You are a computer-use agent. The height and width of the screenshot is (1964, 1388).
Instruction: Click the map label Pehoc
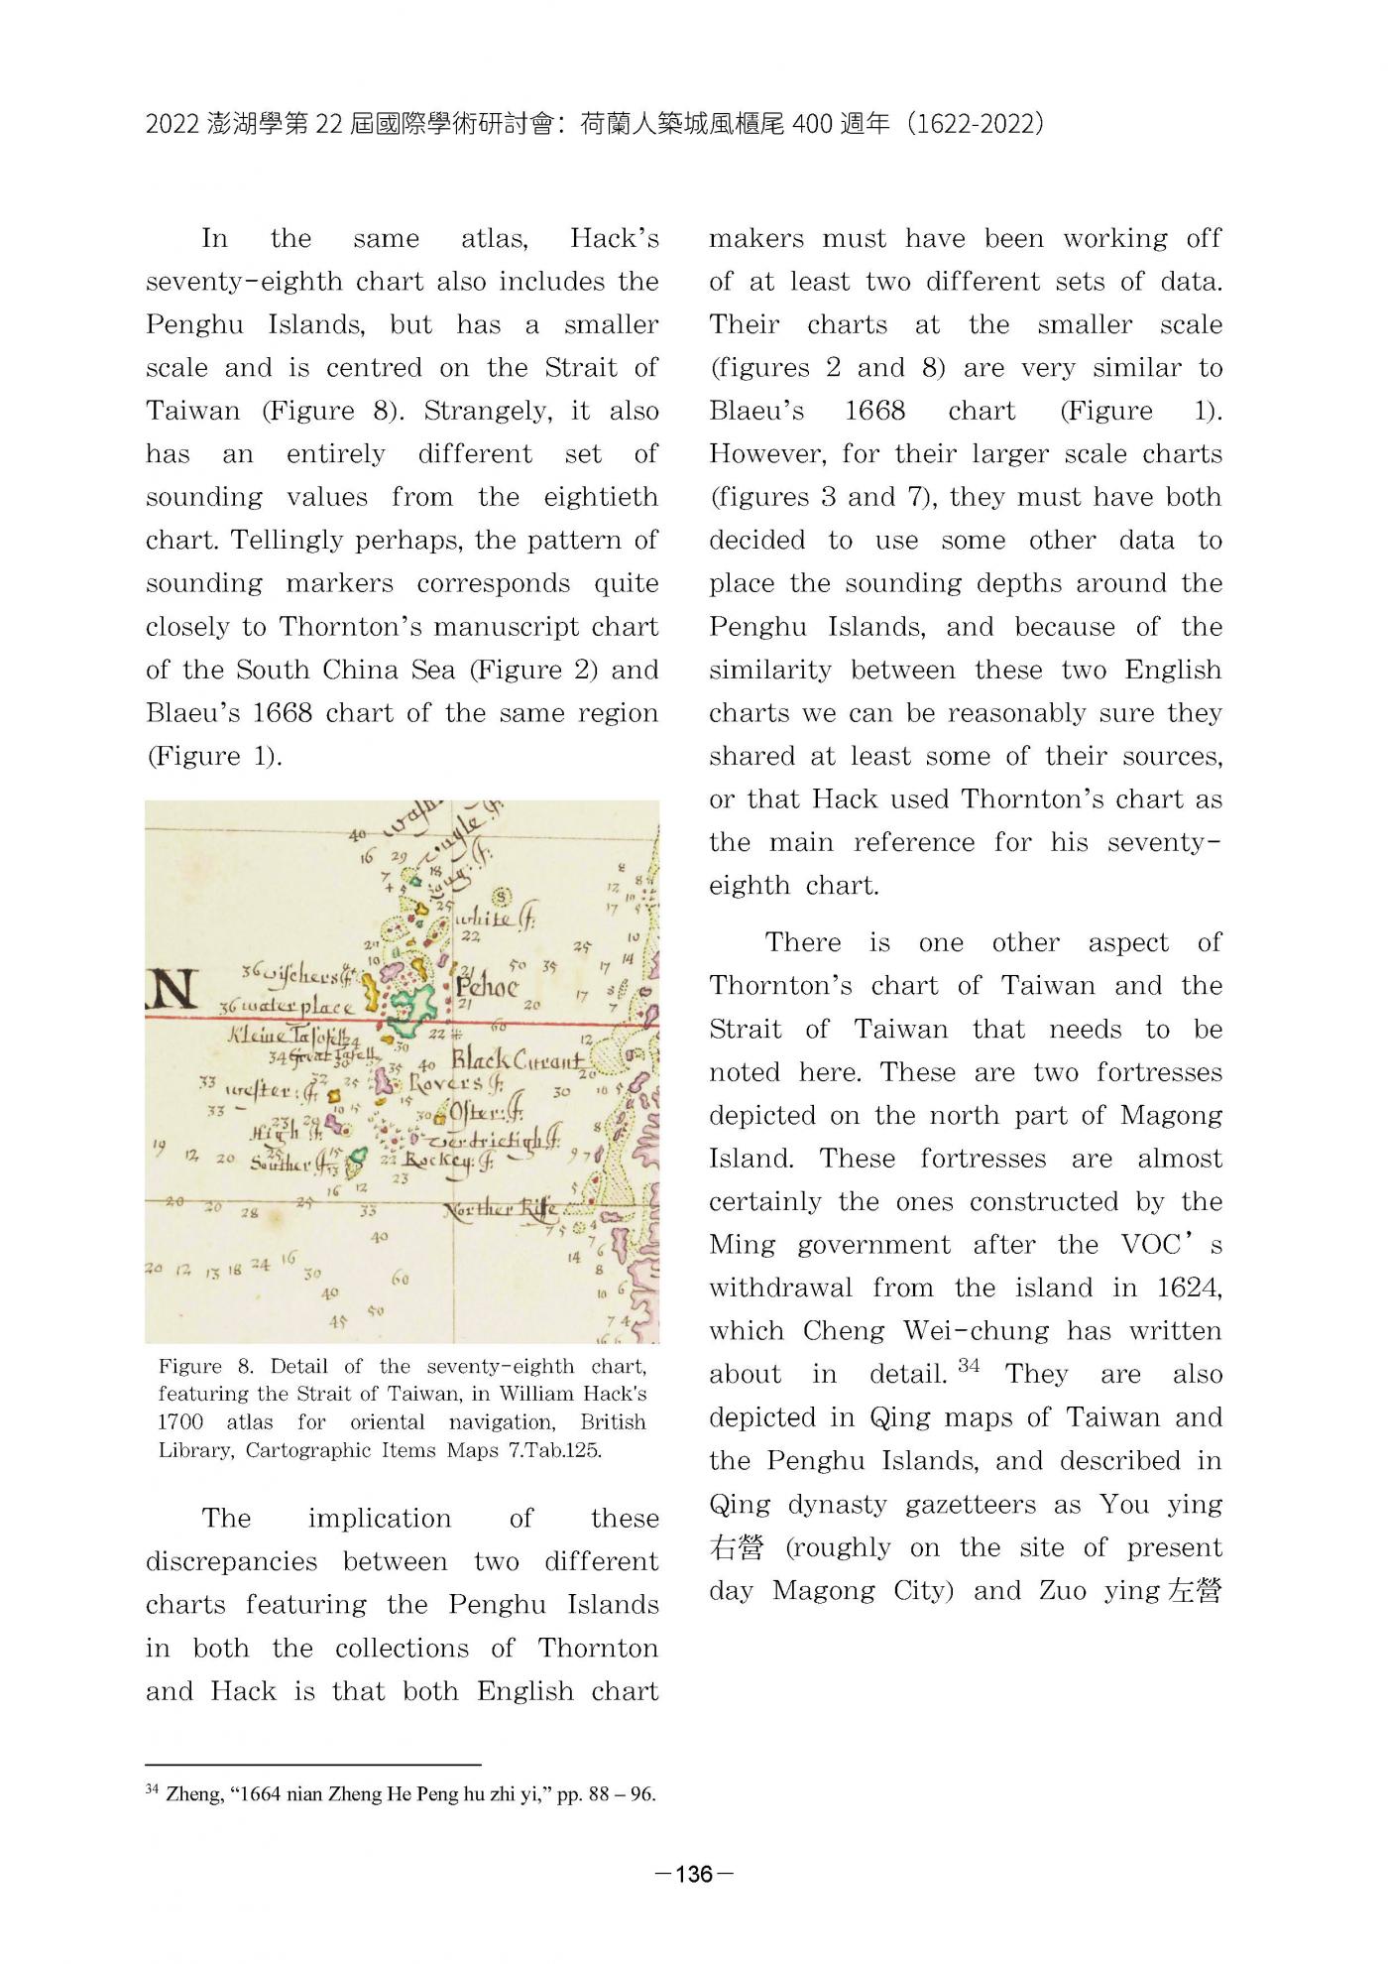point(487,987)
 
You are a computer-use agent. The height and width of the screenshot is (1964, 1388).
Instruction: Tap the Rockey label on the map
point(442,1163)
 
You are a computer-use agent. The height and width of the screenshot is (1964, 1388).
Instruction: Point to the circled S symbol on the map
point(502,896)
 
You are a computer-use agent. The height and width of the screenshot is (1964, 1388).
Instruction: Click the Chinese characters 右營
point(737,1547)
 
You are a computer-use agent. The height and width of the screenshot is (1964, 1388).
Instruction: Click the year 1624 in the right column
point(1189,1288)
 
